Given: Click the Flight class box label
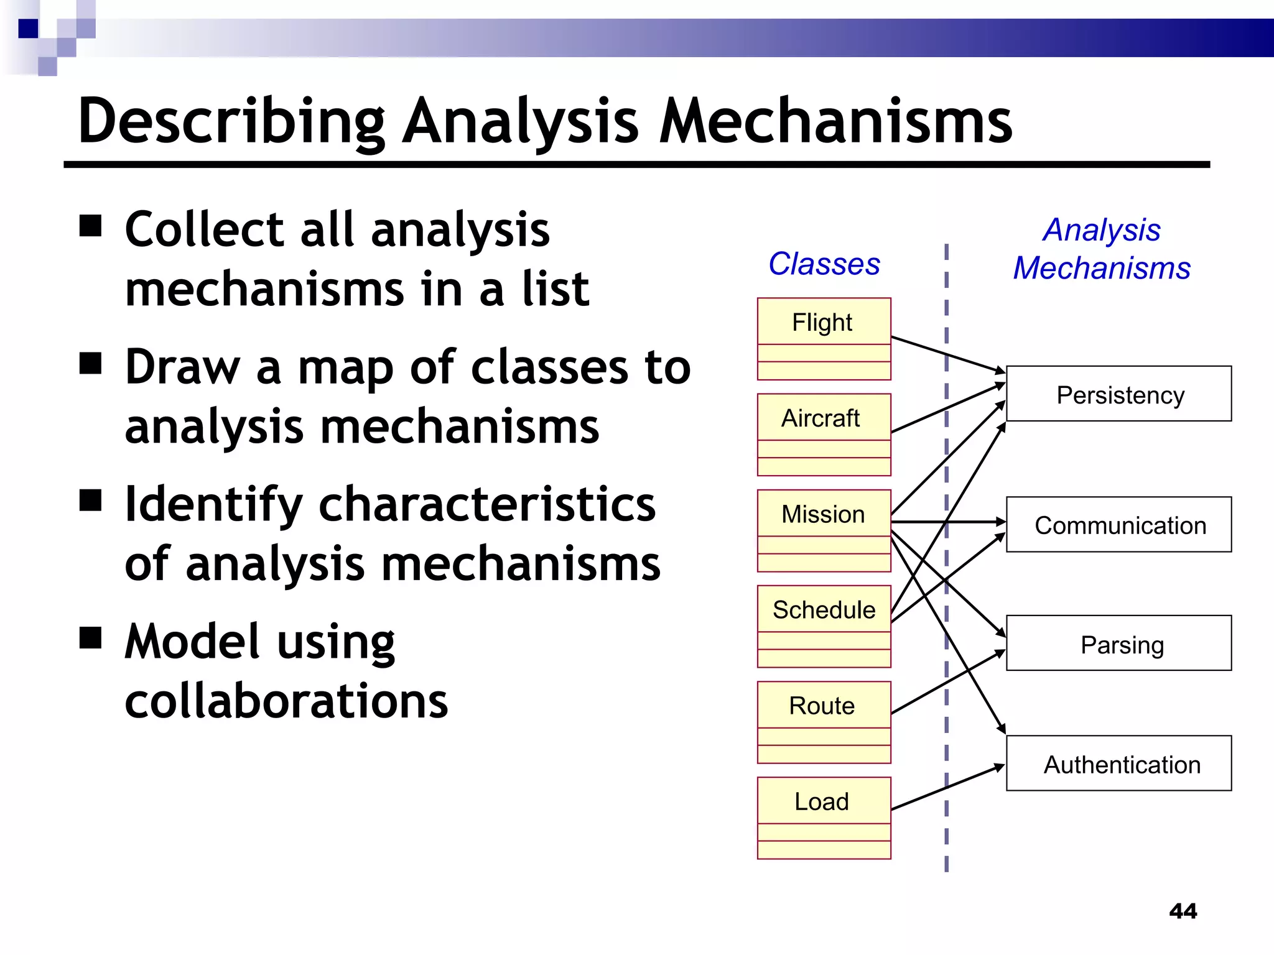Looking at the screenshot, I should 822,323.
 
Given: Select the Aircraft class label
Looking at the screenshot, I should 821,418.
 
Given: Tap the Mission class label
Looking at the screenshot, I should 822,514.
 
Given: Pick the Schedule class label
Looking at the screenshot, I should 823,610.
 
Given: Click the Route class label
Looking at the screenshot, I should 822,706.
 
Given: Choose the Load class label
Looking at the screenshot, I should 821,801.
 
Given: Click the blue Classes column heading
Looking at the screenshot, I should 824,264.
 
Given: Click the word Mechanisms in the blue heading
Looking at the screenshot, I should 1101,268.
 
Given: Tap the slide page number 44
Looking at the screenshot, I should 1183,911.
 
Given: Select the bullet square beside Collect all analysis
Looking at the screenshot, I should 91,226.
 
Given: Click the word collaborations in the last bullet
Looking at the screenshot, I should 286,701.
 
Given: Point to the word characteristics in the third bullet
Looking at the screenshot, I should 487,504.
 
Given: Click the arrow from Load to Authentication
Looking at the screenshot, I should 946,788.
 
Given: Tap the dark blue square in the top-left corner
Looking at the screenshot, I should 28,29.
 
